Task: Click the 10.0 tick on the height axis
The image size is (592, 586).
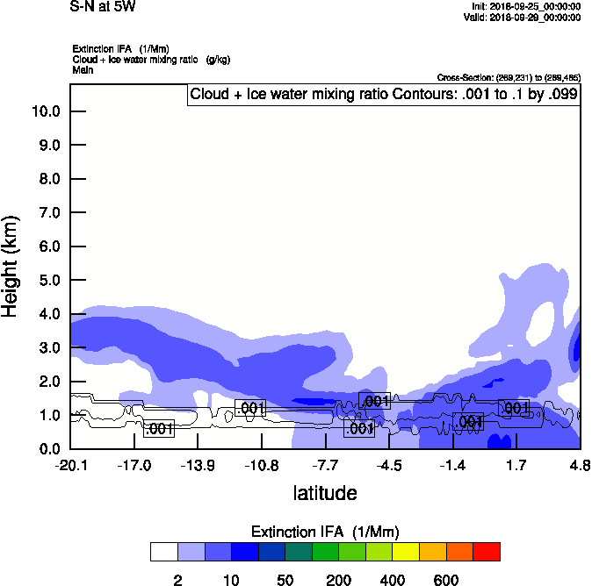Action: point(45,111)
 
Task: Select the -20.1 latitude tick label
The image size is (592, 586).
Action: point(70,465)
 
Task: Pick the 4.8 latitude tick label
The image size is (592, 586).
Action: point(580,465)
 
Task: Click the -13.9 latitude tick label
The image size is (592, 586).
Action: point(199,465)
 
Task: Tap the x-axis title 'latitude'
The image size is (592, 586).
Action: point(325,493)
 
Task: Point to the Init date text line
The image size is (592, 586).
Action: point(525,7)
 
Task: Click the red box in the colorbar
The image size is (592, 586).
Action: point(487,552)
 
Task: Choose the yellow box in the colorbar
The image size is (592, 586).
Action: point(406,552)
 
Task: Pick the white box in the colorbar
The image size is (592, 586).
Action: point(164,552)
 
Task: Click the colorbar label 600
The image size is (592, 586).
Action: point(446,580)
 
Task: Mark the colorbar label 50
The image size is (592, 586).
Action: point(285,580)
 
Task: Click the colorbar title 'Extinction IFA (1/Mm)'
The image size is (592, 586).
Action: point(325,532)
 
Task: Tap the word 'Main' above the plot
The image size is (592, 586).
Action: point(83,68)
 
